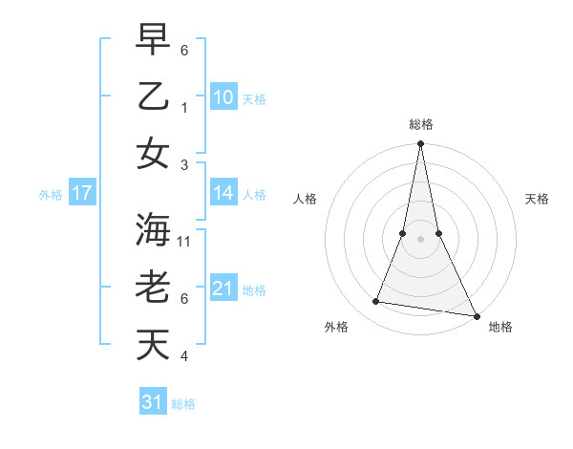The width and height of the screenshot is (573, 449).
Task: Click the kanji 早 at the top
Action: point(153,41)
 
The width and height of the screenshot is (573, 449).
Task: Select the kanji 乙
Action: point(153,96)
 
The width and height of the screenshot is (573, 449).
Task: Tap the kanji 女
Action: point(153,153)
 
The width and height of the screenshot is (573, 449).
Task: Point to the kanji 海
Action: point(153,230)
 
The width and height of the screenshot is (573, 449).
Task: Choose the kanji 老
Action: point(153,288)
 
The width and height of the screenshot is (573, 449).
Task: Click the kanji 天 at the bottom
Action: point(153,344)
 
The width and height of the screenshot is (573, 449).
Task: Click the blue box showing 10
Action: point(223,97)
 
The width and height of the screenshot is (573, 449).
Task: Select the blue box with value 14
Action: point(223,193)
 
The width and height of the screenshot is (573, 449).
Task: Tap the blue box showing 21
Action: point(223,289)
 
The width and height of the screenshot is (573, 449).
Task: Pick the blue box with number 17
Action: point(81,194)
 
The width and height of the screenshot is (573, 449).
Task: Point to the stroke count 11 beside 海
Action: point(185,242)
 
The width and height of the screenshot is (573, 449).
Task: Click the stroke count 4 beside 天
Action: point(184,356)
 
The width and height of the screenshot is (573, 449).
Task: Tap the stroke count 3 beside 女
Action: point(184,165)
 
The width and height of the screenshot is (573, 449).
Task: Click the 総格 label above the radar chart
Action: point(420,124)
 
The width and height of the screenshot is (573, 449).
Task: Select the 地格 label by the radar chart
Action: point(500,327)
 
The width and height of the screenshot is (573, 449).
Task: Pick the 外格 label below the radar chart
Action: point(336,327)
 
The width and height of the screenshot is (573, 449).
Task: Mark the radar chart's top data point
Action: point(420,144)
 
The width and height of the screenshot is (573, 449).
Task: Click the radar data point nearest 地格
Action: point(475,315)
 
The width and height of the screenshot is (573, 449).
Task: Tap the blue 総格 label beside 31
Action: point(183,404)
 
